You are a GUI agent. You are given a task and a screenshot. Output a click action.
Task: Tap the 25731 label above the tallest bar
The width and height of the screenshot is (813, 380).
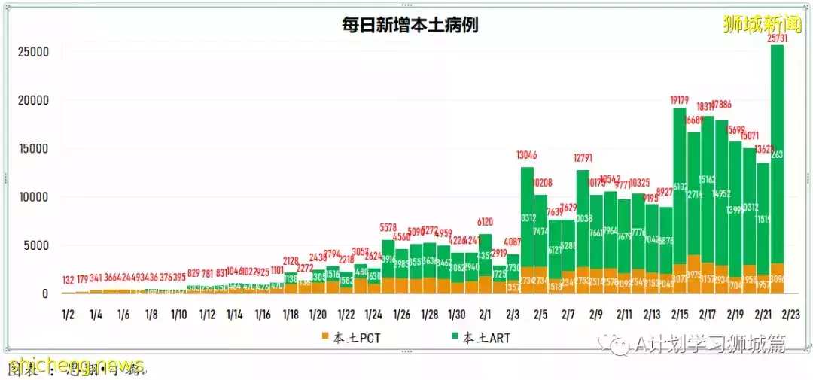[777, 38]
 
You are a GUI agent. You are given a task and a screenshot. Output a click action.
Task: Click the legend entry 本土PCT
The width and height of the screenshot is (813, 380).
[351, 338]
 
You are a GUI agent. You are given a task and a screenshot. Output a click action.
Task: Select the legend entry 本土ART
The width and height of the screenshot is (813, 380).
[481, 338]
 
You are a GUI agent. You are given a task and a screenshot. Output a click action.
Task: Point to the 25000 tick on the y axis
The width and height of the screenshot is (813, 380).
[34, 52]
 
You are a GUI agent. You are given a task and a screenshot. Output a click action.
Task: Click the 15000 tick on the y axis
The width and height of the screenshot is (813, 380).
[34, 149]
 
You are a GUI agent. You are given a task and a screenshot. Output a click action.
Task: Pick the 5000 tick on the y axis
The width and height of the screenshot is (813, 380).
[37, 245]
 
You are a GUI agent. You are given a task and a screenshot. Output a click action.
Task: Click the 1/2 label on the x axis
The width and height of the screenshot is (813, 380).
[69, 314]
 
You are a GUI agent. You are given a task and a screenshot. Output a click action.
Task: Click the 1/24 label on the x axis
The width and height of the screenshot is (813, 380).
[374, 314]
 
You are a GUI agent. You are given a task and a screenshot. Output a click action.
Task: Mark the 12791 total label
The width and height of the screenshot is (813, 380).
[583, 159]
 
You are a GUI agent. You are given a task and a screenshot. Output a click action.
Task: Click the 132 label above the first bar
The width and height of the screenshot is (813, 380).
[69, 280]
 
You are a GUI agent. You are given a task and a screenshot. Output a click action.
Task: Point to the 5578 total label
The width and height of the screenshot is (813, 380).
[388, 227]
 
